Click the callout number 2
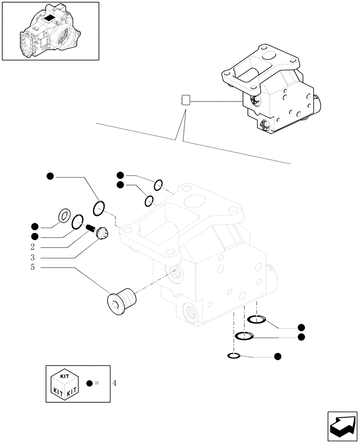point(33,247)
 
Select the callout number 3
point(33,257)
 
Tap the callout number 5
point(33,268)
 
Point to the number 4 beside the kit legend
point(114,383)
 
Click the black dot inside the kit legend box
point(90,384)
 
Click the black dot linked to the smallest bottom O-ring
point(278,356)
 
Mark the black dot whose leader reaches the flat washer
point(34,225)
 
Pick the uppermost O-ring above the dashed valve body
point(159,183)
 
